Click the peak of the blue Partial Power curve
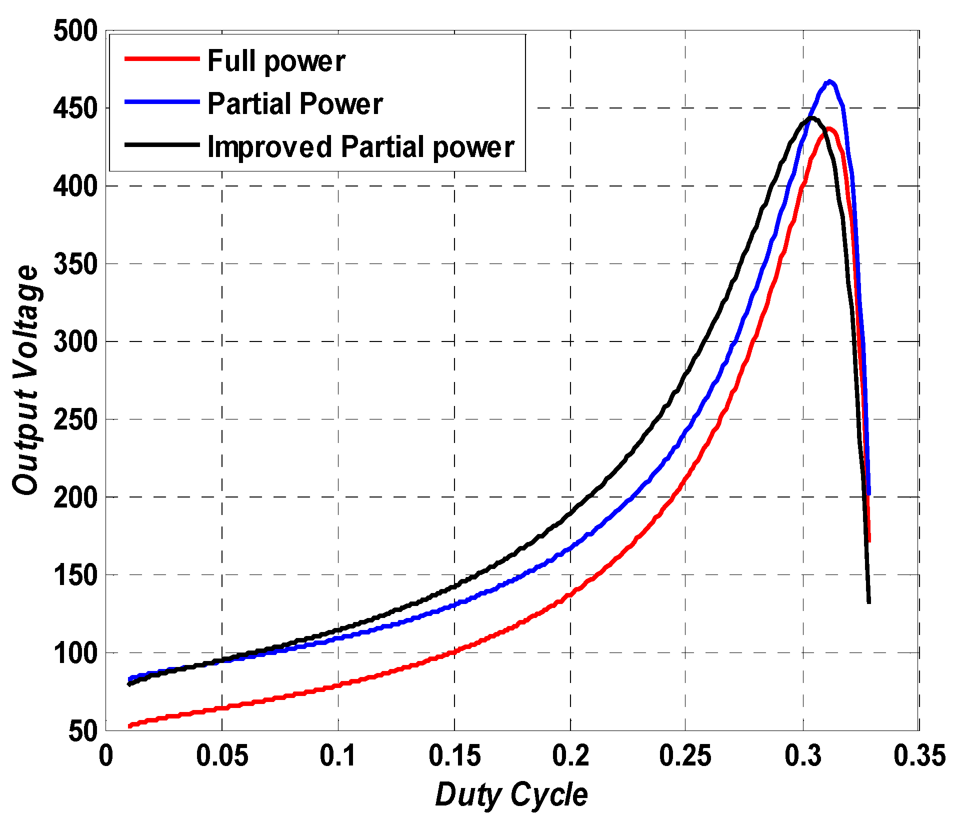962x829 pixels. click(x=829, y=81)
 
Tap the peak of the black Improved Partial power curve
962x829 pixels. click(x=812, y=118)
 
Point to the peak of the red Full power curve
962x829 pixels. click(x=828, y=129)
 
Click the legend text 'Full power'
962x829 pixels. click(x=276, y=61)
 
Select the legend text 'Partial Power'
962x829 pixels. click(x=295, y=104)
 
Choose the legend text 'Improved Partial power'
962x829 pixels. click(x=360, y=147)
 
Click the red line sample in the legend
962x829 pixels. click(x=161, y=58)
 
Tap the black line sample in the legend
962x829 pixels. click(x=161, y=145)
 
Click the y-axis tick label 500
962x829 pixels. click(x=75, y=31)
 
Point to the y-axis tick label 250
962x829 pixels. click(x=75, y=419)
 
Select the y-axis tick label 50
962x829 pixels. click(x=82, y=731)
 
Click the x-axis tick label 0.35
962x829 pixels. click(x=919, y=755)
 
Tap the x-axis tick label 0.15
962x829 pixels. click(x=454, y=755)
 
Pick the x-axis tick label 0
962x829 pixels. click(x=106, y=755)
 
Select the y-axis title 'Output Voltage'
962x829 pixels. click(x=26, y=380)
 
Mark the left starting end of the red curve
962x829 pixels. click(x=129, y=725)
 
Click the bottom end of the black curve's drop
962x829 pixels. click(x=869, y=602)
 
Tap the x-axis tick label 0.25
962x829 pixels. click(x=685, y=755)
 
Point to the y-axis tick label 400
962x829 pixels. click(x=75, y=186)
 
